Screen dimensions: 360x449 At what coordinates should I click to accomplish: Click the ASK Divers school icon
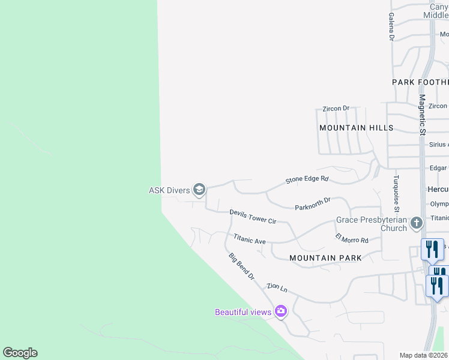(x=199, y=191)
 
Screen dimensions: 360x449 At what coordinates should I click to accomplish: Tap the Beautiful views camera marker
(x=280, y=311)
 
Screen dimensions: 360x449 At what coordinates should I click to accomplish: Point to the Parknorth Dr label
(x=313, y=205)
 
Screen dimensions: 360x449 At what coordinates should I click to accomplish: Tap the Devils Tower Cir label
(x=253, y=217)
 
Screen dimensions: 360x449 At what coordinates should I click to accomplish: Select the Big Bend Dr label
(x=241, y=267)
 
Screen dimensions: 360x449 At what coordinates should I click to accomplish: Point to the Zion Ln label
(x=277, y=287)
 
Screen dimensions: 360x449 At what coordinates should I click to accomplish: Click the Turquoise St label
(x=396, y=193)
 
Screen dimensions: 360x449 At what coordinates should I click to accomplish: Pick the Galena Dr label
(x=391, y=27)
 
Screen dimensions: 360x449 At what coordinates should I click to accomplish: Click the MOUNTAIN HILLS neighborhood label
(x=356, y=128)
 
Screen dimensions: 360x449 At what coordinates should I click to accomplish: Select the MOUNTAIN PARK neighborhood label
(x=325, y=258)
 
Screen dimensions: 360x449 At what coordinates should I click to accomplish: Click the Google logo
(x=20, y=353)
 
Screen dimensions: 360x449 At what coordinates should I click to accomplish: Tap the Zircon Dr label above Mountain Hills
(x=336, y=109)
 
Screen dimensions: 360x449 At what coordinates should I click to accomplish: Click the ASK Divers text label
(x=169, y=191)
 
